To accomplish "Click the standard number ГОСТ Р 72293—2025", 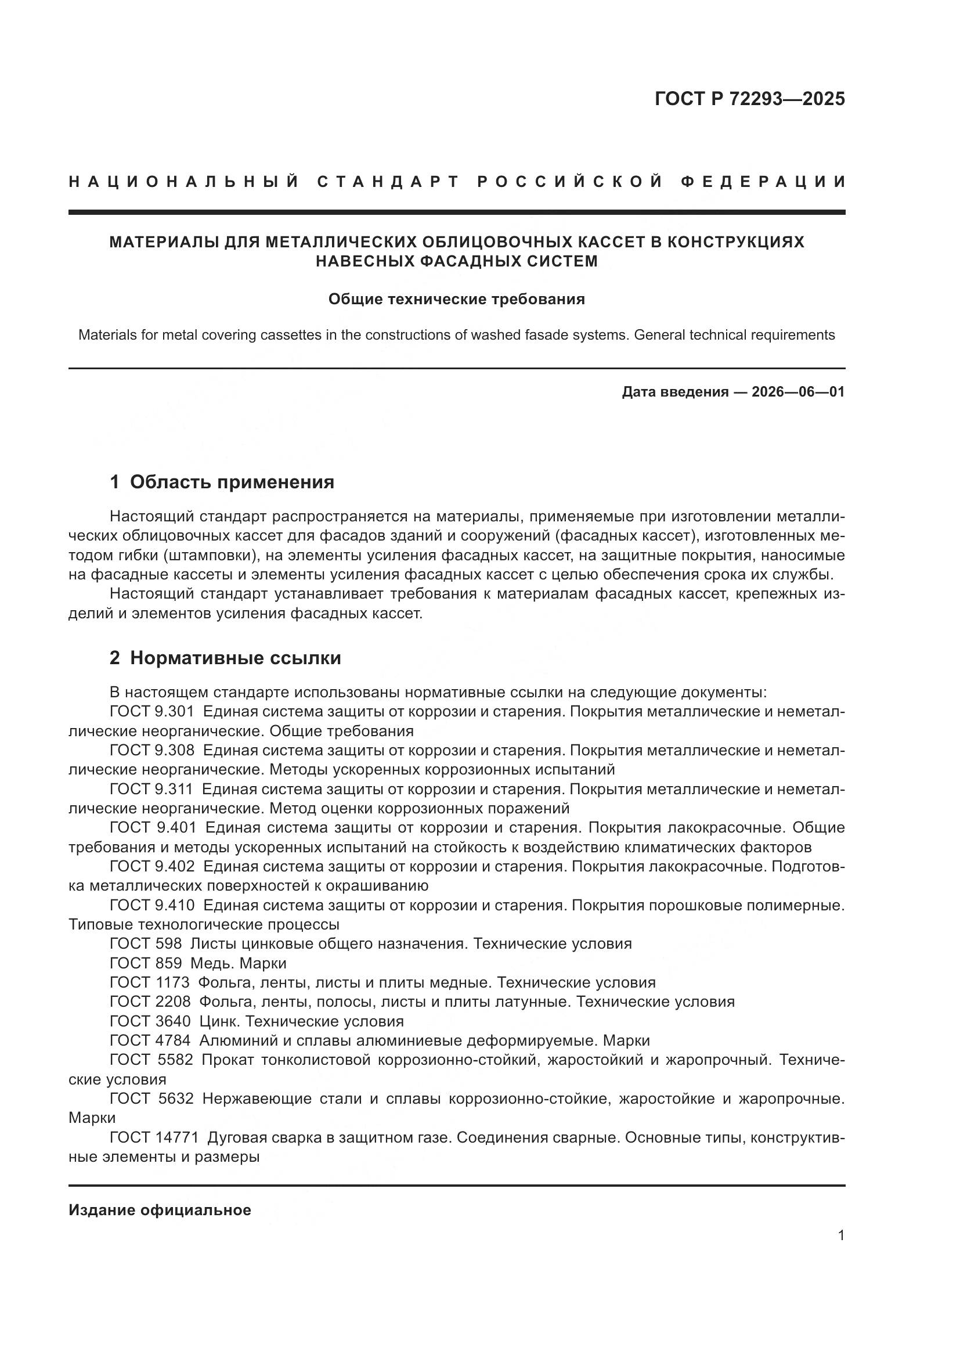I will (749, 99).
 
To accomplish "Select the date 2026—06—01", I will (797, 392).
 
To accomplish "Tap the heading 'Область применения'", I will (232, 482).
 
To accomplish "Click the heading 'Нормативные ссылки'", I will (235, 658).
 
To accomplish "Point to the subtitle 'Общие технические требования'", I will (456, 299).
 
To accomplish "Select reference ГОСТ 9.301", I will (152, 712).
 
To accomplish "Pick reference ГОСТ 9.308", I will (152, 750).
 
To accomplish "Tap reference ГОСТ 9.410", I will (153, 905).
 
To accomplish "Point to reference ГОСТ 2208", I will (150, 1002).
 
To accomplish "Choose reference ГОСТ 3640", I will (150, 1021).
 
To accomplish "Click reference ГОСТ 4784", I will (150, 1040).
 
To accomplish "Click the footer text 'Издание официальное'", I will (160, 1210).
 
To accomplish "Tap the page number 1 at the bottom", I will (841, 1235).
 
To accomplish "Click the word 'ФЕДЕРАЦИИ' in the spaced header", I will (763, 182).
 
